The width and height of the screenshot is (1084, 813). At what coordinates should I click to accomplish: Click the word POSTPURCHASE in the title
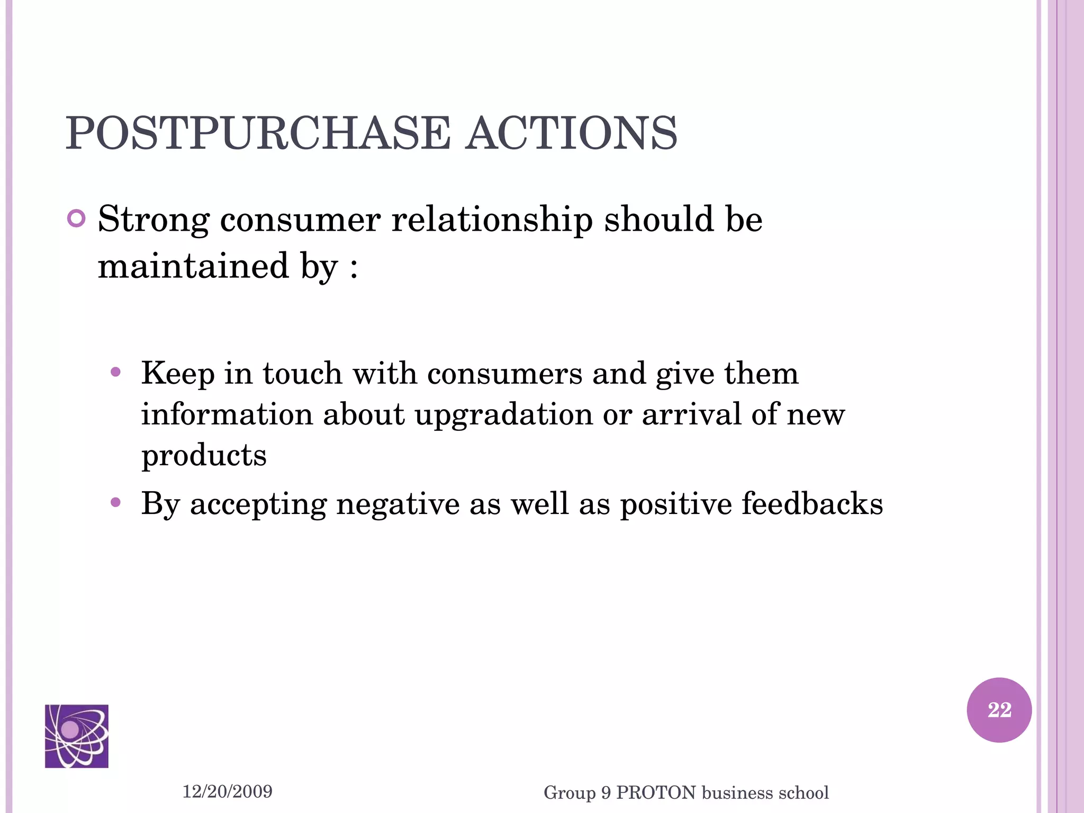point(258,133)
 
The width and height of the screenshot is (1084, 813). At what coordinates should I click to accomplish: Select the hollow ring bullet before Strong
point(77,219)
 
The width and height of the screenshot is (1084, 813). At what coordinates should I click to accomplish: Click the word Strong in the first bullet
point(153,220)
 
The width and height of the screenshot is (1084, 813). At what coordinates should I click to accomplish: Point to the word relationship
point(492,220)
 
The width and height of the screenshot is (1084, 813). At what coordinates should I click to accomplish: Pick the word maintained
point(193,266)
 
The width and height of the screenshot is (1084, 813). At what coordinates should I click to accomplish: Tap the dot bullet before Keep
point(116,372)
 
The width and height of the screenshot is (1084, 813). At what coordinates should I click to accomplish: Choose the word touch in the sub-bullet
point(302,373)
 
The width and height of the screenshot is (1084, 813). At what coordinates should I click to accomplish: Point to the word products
point(204,455)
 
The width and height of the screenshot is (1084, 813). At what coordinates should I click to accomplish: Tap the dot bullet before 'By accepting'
point(116,502)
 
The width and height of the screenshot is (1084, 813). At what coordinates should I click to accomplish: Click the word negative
point(398,503)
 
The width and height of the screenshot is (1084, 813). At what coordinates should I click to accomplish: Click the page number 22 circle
point(999,710)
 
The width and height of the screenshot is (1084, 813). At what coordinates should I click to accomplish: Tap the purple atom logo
point(77,736)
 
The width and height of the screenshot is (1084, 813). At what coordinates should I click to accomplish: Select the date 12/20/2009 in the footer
point(228,791)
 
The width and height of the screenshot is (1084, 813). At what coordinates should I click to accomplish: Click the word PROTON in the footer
point(656,793)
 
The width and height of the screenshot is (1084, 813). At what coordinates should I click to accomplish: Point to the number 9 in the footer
point(606,793)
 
